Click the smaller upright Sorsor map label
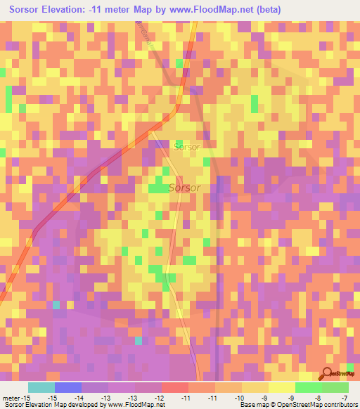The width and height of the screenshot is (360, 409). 186,148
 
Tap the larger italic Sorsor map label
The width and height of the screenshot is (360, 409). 185,188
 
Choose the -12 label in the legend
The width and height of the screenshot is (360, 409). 160,398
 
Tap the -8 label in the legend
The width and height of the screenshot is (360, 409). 320,398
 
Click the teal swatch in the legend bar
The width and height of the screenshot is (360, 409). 41,387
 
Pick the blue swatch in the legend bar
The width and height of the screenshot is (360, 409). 68,387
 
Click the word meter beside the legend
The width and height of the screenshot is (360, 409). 11,398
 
